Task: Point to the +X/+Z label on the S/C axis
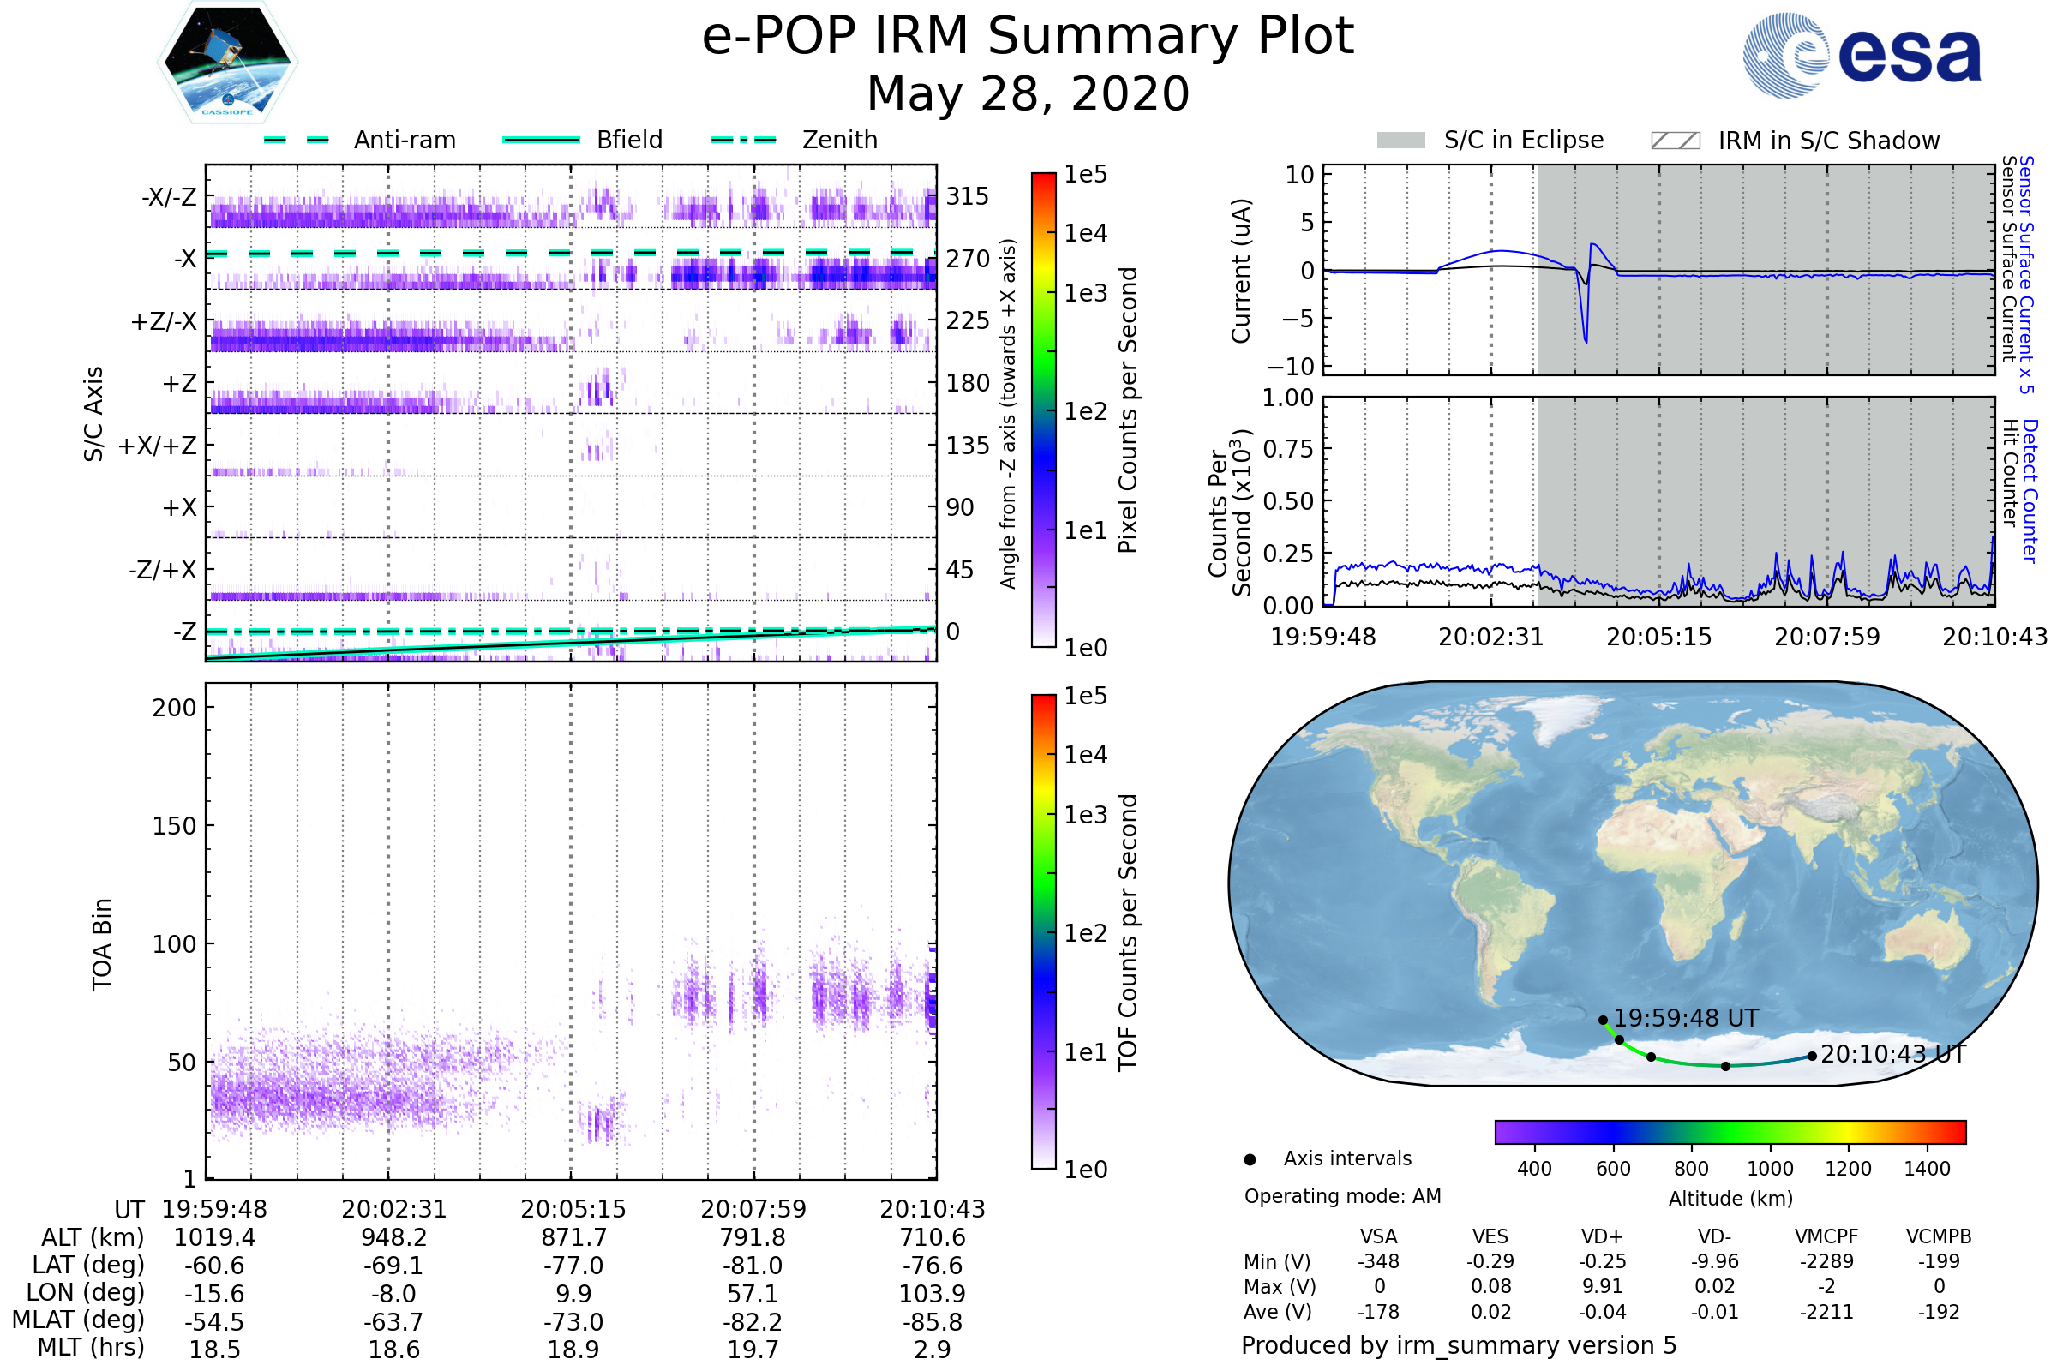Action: [x=158, y=446]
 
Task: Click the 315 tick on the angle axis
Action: [x=967, y=196]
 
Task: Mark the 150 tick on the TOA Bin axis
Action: [x=174, y=826]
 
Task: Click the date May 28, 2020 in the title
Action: [x=1028, y=93]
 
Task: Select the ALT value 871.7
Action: [x=573, y=1237]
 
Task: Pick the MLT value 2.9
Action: [x=933, y=1349]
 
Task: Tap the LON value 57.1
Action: [x=753, y=1293]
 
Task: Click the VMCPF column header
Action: [x=1826, y=1236]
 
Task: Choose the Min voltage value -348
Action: [x=1378, y=1261]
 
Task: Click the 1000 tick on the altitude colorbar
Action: [x=1770, y=1169]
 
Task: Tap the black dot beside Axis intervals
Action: [x=1250, y=1159]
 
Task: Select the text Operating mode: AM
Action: [x=1342, y=1196]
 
